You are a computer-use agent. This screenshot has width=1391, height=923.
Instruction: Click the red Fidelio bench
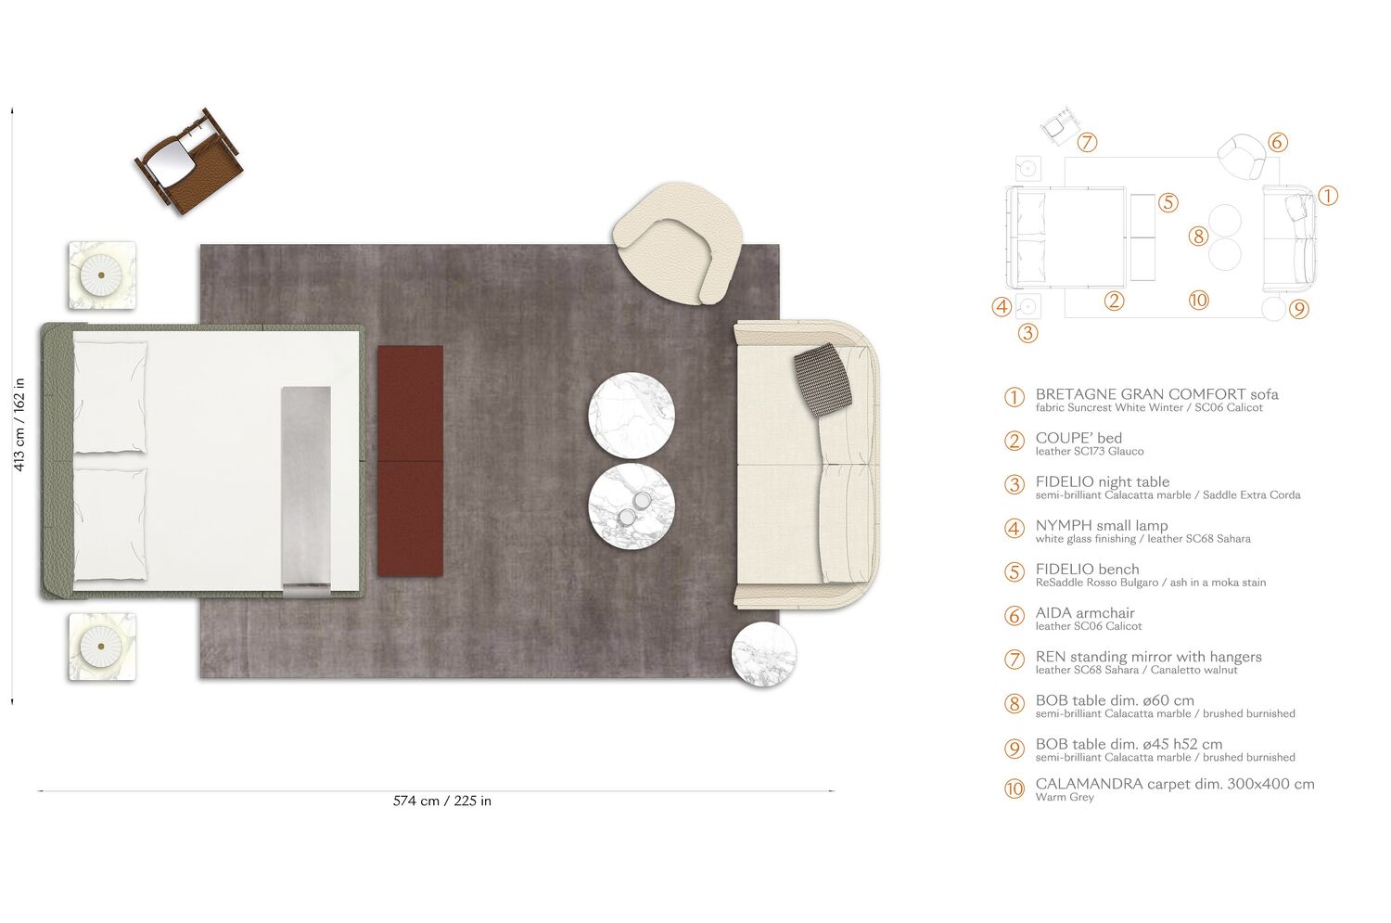[410, 460]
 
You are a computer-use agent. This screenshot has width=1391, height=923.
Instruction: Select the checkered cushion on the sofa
[823, 378]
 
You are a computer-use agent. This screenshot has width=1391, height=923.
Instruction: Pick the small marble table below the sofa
[763, 654]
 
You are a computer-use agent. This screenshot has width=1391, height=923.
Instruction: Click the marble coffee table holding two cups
[632, 506]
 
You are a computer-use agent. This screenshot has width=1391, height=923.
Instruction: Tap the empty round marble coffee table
[632, 416]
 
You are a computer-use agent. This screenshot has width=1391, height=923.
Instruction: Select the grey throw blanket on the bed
[306, 490]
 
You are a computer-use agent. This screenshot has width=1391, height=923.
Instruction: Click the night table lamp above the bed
[102, 276]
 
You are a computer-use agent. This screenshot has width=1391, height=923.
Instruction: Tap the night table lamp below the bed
[102, 646]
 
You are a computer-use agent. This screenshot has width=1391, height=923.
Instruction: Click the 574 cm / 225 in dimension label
[441, 801]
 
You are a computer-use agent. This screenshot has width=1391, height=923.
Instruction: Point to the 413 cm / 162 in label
[19, 424]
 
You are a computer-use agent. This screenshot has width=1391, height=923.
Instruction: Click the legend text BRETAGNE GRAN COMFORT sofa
[1156, 394]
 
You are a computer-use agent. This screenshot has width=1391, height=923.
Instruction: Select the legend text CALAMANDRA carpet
[1174, 784]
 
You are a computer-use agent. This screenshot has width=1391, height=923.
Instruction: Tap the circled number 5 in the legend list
[1015, 572]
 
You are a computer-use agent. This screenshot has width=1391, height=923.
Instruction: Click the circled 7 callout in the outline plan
[1088, 143]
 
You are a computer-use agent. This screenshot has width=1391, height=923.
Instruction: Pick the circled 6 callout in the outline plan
[1277, 142]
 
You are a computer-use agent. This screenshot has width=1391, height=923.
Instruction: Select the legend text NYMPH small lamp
[1101, 525]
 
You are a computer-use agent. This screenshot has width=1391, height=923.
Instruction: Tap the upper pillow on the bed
[109, 398]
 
